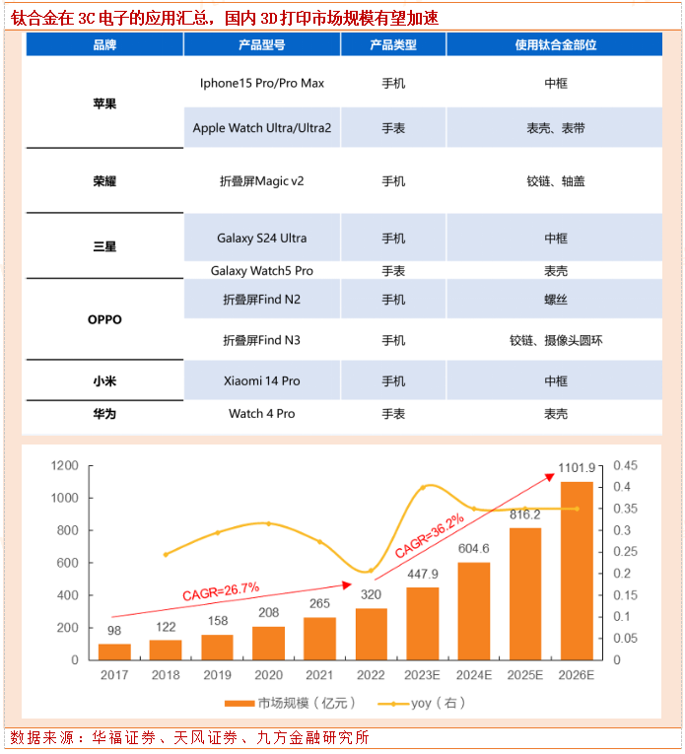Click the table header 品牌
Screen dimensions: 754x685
pyautogui.click(x=103, y=45)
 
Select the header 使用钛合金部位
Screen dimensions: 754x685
pyautogui.click(x=555, y=45)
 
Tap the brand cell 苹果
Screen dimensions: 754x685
pyautogui.click(x=103, y=103)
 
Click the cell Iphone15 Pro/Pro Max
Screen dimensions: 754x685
pyautogui.click(x=261, y=84)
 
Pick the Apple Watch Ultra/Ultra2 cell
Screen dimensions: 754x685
pyautogui.click(x=261, y=128)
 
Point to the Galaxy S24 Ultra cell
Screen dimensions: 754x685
pyautogui.click(x=261, y=239)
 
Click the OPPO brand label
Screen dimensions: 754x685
pyautogui.click(x=103, y=319)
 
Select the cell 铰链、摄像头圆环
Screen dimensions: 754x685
pyautogui.click(x=555, y=341)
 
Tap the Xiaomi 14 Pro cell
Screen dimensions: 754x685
pyautogui.click(x=261, y=381)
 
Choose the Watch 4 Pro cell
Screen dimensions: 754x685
pyautogui.click(x=261, y=414)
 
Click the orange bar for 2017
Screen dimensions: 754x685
pyautogui.click(x=114, y=651)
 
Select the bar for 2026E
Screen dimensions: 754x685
pyautogui.click(x=577, y=572)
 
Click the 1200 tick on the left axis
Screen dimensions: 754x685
pyautogui.click(x=65, y=465)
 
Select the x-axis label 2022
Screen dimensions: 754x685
pyautogui.click(x=372, y=676)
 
